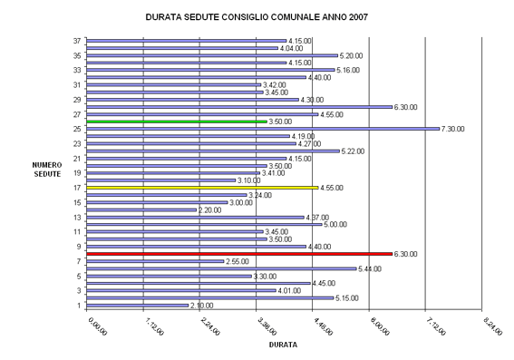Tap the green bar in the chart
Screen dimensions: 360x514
pos(176,122)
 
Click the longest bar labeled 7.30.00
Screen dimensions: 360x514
pos(262,129)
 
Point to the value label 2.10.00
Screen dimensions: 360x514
pos(203,306)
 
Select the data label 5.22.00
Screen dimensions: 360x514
pos(354,151)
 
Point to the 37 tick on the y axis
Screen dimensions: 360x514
pos(78,41)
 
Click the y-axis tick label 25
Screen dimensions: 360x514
pos(78,129)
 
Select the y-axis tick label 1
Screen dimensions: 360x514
pos(80,306)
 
